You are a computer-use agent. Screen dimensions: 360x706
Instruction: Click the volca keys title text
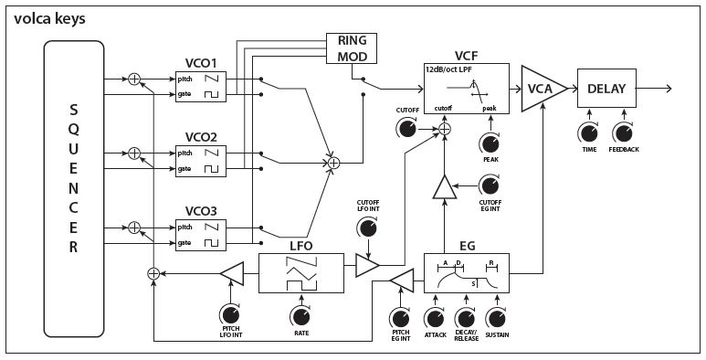tap(50, 16)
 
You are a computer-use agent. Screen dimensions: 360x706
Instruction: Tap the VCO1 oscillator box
tap(207, 85)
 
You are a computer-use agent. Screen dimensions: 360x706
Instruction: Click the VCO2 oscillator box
tap(207, 160)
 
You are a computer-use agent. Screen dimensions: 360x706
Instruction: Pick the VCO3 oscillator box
tap(207, 235)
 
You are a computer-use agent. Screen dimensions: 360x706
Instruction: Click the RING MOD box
tap(352, 48)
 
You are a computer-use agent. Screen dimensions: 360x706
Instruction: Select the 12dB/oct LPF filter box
tap(466, 89)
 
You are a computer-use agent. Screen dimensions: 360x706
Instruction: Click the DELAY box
tap(606, 89)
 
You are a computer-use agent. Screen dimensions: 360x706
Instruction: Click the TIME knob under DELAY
tap(590, 130)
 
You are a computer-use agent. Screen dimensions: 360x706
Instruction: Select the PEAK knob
tap(490, 143)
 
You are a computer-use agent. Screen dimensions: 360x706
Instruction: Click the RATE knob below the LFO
tap(300, 316)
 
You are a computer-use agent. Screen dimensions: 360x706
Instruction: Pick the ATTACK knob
tap(433, 319)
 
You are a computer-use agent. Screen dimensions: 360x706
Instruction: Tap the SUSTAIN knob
tap(496, 319)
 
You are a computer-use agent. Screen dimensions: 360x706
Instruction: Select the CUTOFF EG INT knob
tap(490, 186)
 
